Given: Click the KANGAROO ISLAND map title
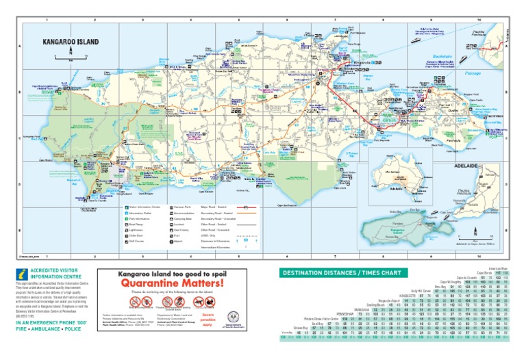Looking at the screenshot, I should tap(71, 42).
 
